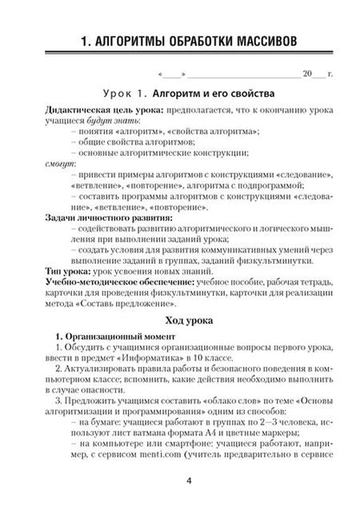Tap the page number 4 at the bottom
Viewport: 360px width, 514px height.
(179, 482)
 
